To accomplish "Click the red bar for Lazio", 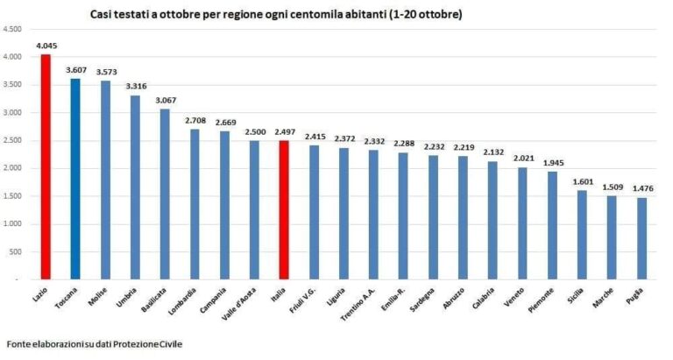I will (x=46, y=166).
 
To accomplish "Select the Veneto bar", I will (x=522, y=223).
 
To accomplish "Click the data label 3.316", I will (x=135, y=86).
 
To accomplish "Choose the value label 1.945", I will (x=552, y=162).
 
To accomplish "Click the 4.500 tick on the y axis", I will (x=13, y=29).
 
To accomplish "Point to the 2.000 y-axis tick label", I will (x=13, y=168).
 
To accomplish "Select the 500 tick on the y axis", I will (x=17, y=251).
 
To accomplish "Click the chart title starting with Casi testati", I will (x=276, y=15).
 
